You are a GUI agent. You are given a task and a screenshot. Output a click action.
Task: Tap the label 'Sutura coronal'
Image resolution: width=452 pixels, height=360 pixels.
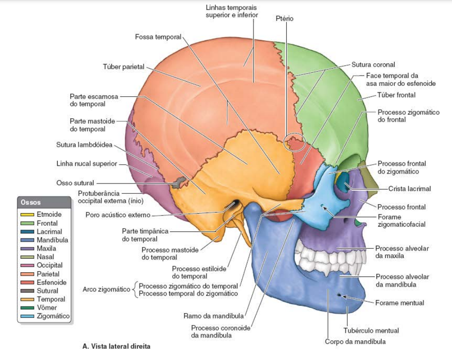pos(373,64)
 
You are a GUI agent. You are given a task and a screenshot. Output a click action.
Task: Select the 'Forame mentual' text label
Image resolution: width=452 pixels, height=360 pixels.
pos(399,303)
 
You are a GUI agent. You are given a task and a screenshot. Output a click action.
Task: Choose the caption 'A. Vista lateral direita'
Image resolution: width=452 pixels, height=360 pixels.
pos(116,347)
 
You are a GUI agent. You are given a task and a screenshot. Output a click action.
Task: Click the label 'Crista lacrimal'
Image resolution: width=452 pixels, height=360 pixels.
pos(409,189)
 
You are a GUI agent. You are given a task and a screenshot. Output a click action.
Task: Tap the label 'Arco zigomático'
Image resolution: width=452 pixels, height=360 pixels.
pos(106,289)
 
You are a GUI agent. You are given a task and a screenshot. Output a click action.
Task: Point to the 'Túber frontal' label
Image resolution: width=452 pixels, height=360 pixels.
pos(396,95)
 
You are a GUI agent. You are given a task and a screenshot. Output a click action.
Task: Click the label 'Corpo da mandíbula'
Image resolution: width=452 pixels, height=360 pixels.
pos(355,341)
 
